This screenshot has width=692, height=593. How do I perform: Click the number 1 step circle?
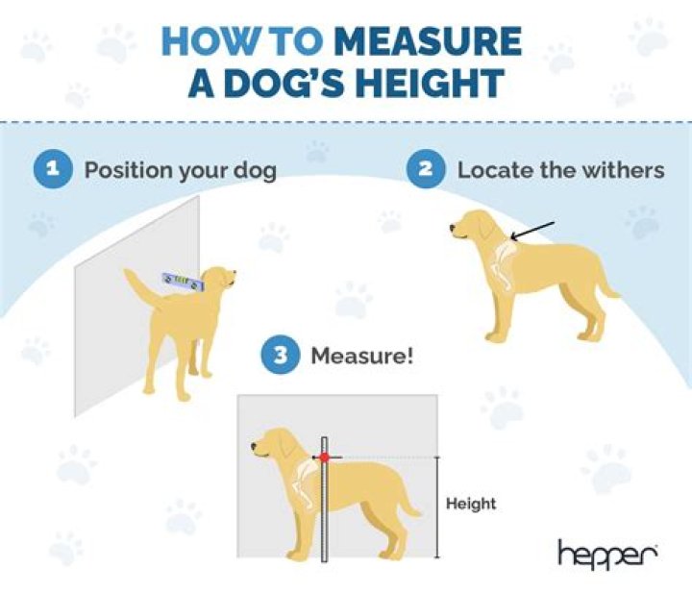point(55,170)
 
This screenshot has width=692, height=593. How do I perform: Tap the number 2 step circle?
point(426,170)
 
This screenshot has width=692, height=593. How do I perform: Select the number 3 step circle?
point(280,356)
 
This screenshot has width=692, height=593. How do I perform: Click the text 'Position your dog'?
point(181,171)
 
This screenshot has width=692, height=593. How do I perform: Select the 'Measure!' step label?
point(361,357)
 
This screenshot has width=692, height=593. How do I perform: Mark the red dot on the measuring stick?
point(325,457)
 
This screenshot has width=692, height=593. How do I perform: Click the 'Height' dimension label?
point(471,503)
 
